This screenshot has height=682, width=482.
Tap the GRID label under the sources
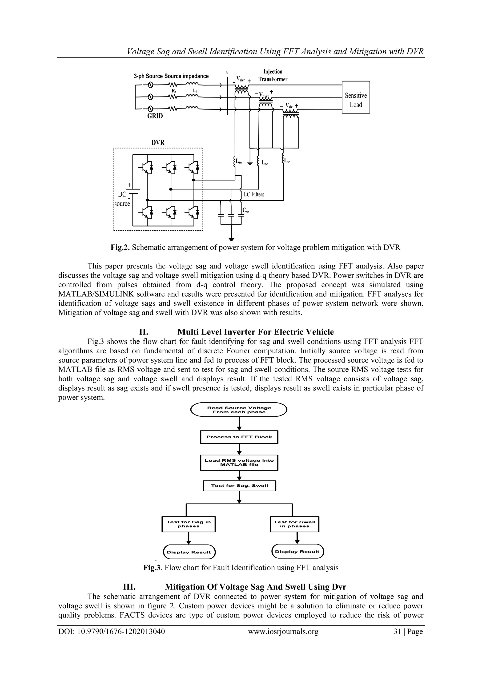155,116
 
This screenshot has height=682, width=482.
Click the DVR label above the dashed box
158,143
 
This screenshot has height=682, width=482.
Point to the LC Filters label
254,194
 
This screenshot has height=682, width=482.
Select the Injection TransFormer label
273,75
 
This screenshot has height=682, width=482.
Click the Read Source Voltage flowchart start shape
239,410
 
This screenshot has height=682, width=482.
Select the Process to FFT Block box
239,437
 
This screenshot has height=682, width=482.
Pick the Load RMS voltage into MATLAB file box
239,463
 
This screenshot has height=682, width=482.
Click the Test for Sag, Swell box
239,486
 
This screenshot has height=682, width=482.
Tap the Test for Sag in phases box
189,524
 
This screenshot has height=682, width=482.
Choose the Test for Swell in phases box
295,524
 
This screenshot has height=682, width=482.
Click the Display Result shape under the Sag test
189,552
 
